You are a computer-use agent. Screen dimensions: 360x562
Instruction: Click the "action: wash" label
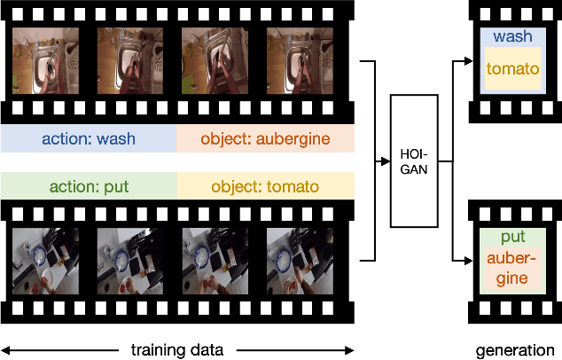click(89, 138)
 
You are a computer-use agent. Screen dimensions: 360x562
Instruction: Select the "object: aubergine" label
click(265, 138)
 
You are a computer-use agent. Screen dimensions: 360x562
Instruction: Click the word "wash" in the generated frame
click(512, 37)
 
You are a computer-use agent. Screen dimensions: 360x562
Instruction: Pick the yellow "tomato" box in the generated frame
click(512, 68)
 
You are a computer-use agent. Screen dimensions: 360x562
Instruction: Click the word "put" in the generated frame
click(512, 237)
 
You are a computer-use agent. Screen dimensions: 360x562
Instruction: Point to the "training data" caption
click(177, 349)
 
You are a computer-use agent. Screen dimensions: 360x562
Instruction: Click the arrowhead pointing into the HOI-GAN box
click(385, 161)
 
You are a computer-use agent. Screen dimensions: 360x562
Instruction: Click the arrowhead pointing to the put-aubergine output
click(470, 260)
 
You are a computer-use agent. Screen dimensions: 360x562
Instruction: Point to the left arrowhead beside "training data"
click(4, 349)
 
